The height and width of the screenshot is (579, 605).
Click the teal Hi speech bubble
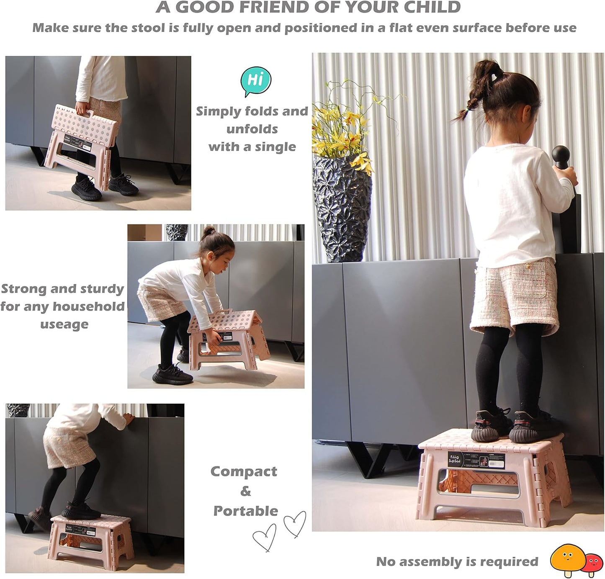[256, 80]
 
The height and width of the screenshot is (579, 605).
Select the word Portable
[245, 511]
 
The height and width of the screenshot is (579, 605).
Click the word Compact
[244, 471]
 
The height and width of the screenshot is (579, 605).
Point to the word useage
[64, 324]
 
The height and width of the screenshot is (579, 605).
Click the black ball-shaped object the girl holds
[561, 156]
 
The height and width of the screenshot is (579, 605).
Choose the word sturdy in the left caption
[102, 289]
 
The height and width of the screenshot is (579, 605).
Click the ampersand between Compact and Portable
[245, 491]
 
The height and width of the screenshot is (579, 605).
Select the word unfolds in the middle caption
[252, 129]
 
